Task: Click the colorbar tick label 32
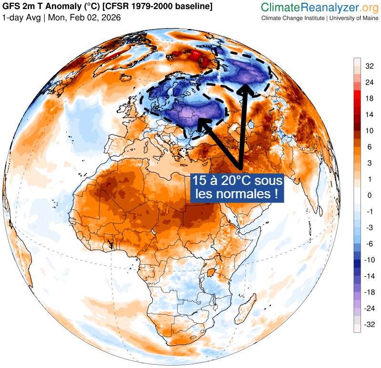coord(370,66)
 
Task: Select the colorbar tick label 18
coord(370,98)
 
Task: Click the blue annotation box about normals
coord(237,187)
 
